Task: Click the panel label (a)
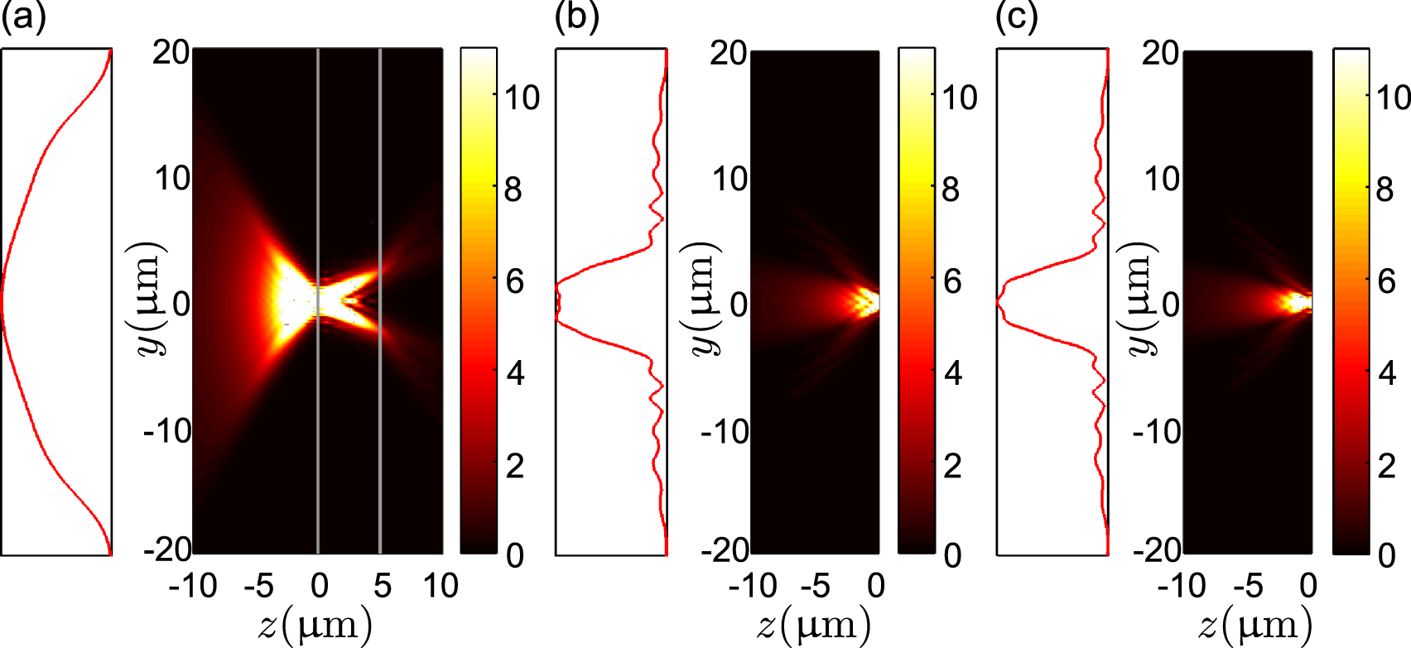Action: click(x=22, y=17)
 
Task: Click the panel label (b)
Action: click(x=576, y=17)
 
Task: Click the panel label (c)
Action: click(x=1016, y=17)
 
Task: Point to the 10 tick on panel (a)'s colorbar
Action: click(x=522, y=98)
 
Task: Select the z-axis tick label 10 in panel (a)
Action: click(x=441, y=586)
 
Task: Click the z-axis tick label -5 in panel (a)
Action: click(x=259, y=586)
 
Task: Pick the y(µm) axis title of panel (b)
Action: click(x=704, y=300)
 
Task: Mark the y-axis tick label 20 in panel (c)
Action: click(x=1160, y=53)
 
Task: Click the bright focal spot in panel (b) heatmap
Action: click(x=867, y=301)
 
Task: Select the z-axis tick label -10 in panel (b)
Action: click(x=753, y=586)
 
